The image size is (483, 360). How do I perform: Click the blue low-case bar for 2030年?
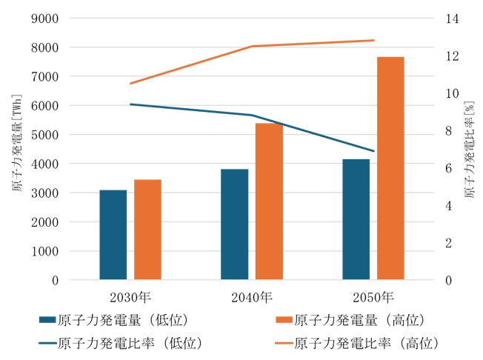(x=113, y=235)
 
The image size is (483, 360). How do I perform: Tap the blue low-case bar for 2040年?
(x=234, y=224)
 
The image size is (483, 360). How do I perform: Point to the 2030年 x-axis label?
(x=130, y=298)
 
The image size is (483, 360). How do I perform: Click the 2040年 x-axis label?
(x=251, y=298)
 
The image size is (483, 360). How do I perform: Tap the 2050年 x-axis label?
(x=373, y=298)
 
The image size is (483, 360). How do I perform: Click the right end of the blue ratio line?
(x=373, y=151)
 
